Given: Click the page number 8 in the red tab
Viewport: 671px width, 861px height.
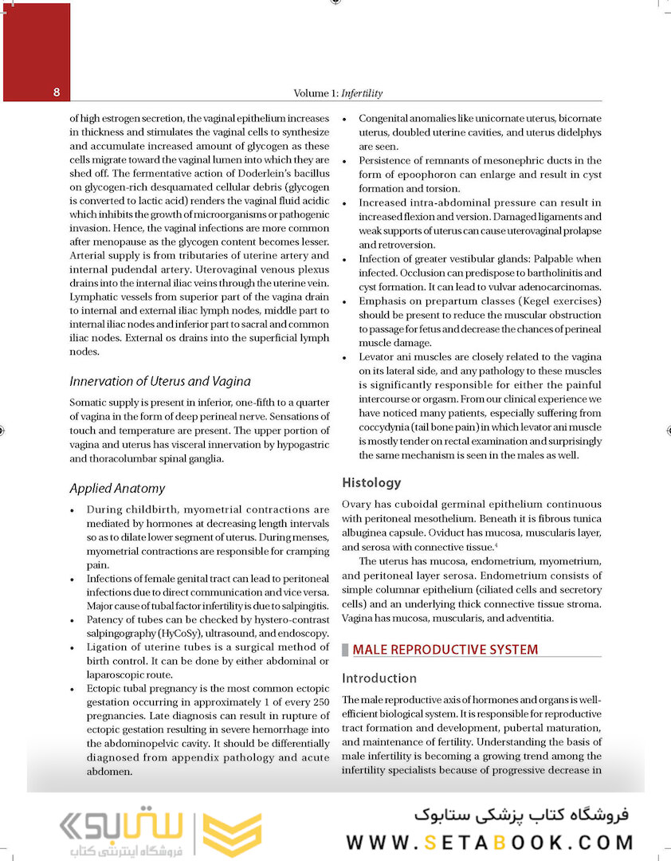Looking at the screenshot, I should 57,92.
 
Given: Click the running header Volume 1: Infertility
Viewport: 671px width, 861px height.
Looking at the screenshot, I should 338,93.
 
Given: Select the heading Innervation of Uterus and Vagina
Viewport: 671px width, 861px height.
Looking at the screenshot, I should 159,381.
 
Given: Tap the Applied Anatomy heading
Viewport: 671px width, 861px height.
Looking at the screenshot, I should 117,488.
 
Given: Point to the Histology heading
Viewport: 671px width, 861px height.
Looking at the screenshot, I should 371,482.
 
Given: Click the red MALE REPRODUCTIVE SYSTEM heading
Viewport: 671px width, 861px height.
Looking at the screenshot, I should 445,650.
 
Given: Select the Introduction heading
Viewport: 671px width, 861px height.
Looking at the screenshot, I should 379,678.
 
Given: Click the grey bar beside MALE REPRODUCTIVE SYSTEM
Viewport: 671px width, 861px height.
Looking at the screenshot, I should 345,650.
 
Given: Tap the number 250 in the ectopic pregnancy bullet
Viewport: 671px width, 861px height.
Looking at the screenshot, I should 320,702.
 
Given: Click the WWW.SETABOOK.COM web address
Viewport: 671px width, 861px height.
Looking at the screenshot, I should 490,842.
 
